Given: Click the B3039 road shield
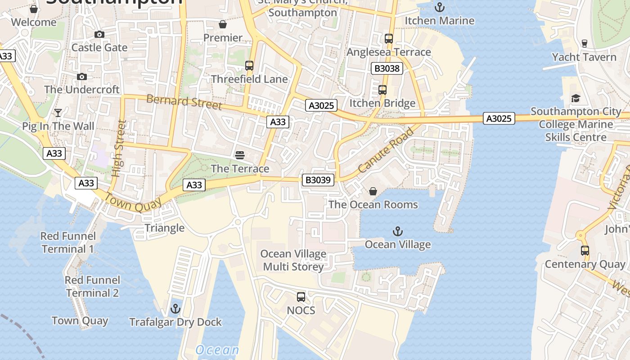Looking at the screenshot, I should pyautogui.click(x=318, y=180).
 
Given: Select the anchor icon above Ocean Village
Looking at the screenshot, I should pyautogui.click(x=397, y=231).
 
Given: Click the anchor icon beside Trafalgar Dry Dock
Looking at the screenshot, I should pyautogui.click(x=175, y=309).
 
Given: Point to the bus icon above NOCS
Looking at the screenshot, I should pyautogui.click(x=301, y=297).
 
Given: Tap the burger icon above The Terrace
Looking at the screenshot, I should pyautogui.click(x=240, y=155).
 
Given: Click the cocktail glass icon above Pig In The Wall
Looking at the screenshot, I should pyautogui.click(x=58, y=112).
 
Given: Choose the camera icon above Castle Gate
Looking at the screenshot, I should pyautogui.click(x=99, y=34).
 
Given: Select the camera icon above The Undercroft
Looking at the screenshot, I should pyautogui.click(x=82, y=76).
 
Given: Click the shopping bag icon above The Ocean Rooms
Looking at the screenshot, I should pyautogui.click(x=373, y=191).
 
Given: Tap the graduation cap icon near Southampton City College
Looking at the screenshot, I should pyautogui.click(x=576, y=98).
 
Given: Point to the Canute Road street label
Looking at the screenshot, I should pyautogui.click(x=386, y=151).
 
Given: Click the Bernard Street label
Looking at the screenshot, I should pyautogui.click(x=184, y=102).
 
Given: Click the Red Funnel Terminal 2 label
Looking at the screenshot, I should pyautogui.click(x=92, y=287).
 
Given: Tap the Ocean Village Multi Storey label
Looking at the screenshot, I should pyautogui.click(x=293, y=260).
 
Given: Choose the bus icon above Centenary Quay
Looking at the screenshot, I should pyautogui.click(x=585, y=251).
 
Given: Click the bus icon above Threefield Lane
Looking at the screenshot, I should pyautogui.click(x=249, y=66).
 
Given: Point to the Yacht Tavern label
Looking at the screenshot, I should pyautogui.click(x=584, y=57).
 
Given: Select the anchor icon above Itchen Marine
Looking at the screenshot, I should pyautogui.click(x=439, y=7).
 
